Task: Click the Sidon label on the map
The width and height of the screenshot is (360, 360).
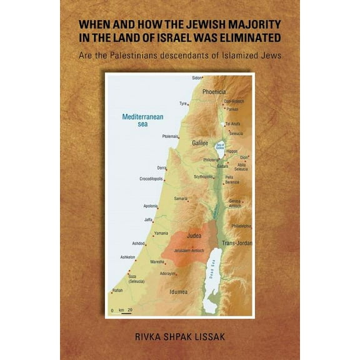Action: click(197, 77)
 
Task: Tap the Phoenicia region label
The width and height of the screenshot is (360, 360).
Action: click(214, 91)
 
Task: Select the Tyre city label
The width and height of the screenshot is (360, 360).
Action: click(183, 104)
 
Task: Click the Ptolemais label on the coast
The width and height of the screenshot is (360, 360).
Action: click(170, 136)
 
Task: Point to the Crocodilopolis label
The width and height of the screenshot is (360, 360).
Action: click(151, 179)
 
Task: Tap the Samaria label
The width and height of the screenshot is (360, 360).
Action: click(181, 199)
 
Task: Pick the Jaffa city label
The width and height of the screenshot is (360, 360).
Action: click(148, 219)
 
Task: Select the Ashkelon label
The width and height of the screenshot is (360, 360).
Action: click(127, 257)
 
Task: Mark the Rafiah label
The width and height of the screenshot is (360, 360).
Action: click(117, 291)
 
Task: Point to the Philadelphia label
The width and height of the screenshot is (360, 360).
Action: click(241, 226)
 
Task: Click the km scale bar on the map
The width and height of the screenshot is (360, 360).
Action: click(124, 310)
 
